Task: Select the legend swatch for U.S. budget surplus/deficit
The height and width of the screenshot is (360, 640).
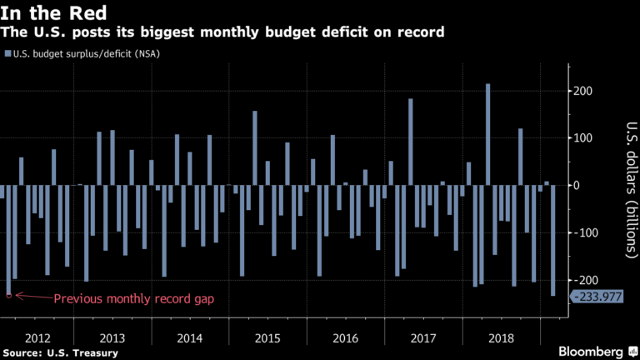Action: pyautogui.click(x=7, y=54)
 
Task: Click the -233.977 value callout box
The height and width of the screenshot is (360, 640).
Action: pyautogui.click(x=595, y=297)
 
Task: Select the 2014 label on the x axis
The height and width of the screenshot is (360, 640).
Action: pyautogui.click(x=190, y=338)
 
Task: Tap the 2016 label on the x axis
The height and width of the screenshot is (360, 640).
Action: pyautogui.click(x=346, y=338)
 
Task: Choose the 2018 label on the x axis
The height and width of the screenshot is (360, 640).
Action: pyautogui.click(x=501, y=338)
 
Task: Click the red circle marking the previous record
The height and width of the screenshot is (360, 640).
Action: pyautogui.click(x=8, y=295)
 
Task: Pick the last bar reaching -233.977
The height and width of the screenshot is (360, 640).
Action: pyautogui.click(x=553, y=240)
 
